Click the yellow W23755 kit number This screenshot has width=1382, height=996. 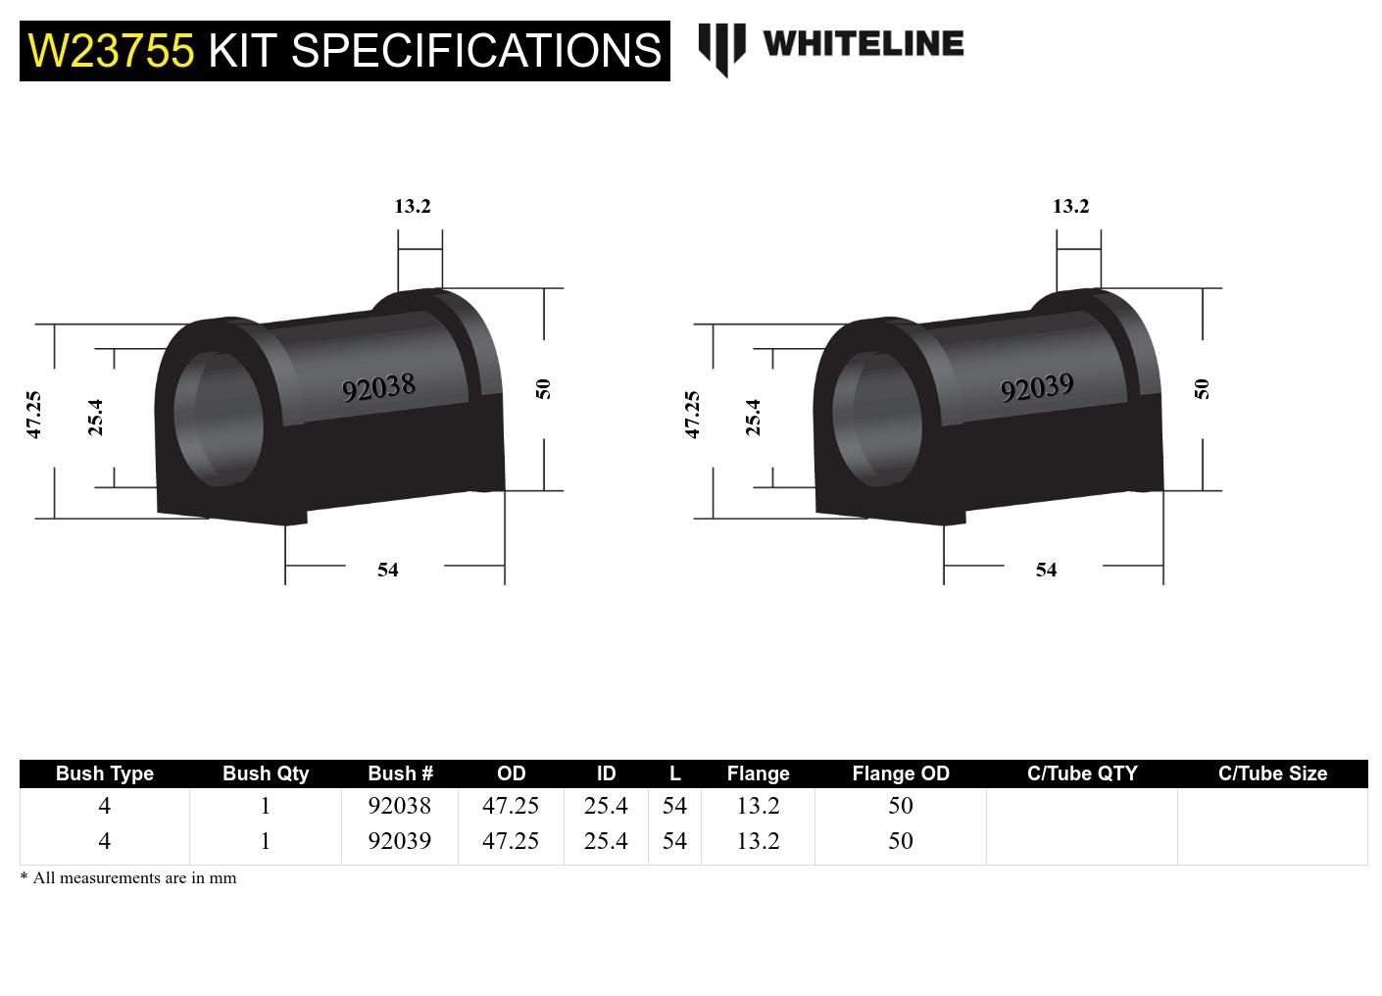[x=111, y=50]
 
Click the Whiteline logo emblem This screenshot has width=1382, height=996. [x=721, y=48]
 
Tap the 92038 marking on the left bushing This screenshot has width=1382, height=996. [x=378, y=388]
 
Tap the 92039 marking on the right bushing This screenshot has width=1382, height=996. [x=1037, y=388]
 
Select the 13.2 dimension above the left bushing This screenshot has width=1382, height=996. [x=412, y=206]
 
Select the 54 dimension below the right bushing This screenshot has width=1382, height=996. [x=1046, y=570]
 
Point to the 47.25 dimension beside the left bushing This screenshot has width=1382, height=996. [x=34, y=414]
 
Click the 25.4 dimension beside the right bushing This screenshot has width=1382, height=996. [x=753, y=417]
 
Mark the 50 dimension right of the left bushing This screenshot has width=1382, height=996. [x=543, y=388]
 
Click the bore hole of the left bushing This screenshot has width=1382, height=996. [x=219, y=417]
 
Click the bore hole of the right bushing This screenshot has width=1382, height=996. [x=877, y=417]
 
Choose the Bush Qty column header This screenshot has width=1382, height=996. [x=265, y=773]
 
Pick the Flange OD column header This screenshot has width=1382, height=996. [x=900, y=773]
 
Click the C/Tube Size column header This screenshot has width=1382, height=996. [x=1271, y=773]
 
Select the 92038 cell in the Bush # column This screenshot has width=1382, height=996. [x=399, y=806]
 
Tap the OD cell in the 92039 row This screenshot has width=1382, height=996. [x=510, y=841]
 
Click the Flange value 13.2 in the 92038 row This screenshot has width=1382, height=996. [x=758, y=806]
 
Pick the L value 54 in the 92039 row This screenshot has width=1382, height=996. [x=674, y=841]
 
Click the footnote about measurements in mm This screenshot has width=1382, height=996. [x=128, y=878]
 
